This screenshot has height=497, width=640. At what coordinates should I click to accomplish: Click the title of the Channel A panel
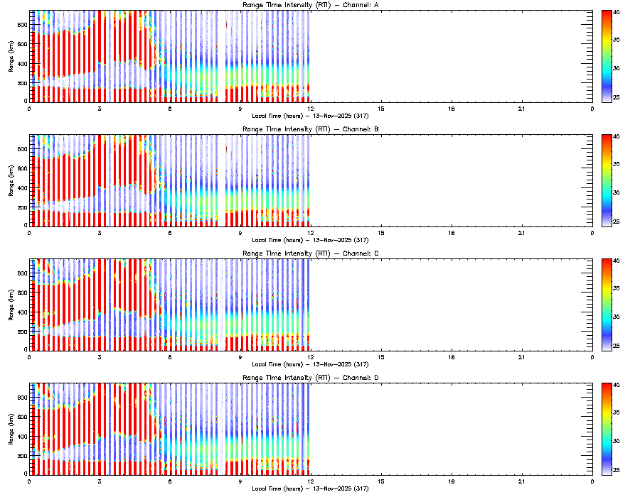310,6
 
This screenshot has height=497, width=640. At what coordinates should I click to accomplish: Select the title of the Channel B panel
310,130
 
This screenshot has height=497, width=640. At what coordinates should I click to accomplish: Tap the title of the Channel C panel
310,254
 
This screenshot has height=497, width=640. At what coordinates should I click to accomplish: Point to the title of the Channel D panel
310,378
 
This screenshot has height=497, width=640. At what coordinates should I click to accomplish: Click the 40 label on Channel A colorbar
617,13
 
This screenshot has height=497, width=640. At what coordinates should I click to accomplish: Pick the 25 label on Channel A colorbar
617,97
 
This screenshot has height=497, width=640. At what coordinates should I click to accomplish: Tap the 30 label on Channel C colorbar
617,317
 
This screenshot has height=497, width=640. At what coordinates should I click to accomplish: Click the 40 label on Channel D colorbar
617,386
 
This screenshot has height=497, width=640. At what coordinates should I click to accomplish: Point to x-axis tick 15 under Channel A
381,108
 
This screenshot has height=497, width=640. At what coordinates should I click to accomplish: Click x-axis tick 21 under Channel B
522,232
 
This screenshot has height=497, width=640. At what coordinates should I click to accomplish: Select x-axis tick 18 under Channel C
452,356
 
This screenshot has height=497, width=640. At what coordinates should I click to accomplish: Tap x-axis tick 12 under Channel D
311,481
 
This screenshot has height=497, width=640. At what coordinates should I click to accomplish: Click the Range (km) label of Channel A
11,56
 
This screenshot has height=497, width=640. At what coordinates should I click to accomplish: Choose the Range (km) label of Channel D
11,429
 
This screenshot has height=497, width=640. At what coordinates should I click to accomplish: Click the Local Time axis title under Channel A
310,115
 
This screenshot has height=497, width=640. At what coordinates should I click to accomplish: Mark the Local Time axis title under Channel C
310,364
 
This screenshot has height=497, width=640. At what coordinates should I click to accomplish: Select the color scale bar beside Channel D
607,428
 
